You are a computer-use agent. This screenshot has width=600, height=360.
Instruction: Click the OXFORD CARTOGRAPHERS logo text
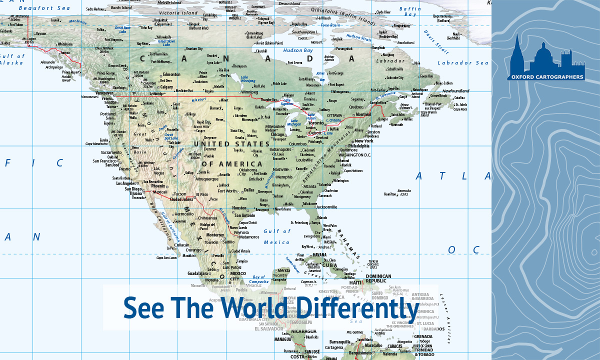pos(545,77)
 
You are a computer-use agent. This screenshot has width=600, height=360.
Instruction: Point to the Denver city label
pos(210,149)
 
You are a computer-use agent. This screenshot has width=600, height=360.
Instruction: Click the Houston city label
pos(239,208)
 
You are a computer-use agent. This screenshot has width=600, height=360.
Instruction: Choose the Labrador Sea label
pos(463,63)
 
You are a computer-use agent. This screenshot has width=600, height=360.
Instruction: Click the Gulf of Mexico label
pos(276,236)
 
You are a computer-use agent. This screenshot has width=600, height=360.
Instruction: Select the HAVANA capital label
pos(319,254)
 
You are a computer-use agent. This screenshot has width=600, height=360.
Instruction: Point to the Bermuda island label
pos(403,191)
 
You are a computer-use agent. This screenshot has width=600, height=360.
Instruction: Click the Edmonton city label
pos(171,74)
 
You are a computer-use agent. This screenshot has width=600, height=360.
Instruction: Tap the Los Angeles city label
pos(126,183)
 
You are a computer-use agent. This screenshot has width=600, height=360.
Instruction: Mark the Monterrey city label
pos(215,234)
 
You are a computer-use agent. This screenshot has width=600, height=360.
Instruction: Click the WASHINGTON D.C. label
pos(354,155)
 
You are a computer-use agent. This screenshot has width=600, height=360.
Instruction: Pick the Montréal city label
pos(364,114)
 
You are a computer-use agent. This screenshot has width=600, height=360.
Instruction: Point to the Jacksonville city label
pos(327,207)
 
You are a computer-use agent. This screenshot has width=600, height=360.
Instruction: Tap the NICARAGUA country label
pos(303,331)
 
